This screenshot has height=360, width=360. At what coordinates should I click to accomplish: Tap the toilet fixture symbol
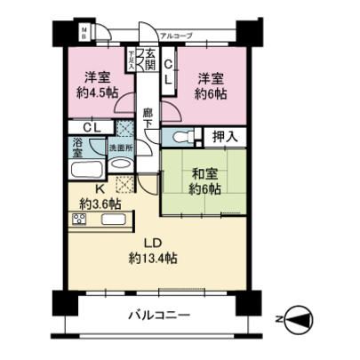click(181, 138)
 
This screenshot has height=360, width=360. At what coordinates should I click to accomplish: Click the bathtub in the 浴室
click(87, 169)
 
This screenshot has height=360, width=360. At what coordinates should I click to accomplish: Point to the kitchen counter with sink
click(99, 219)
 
